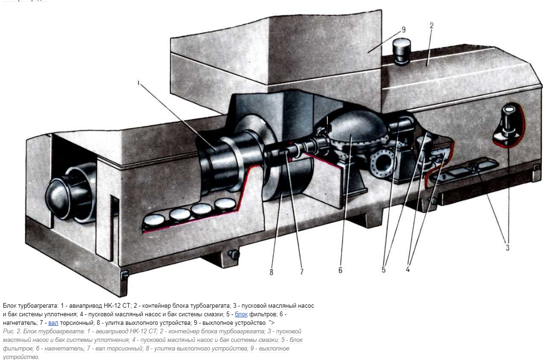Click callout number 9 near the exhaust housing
pos(403,29)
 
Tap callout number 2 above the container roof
pos(431,25)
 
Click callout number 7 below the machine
pos(301,272)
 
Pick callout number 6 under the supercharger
pos(340,270)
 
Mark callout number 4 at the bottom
pos(408,269)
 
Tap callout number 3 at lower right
pos(507,247)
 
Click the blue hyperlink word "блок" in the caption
pos(241,314)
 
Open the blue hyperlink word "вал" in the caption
pos(54,323)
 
